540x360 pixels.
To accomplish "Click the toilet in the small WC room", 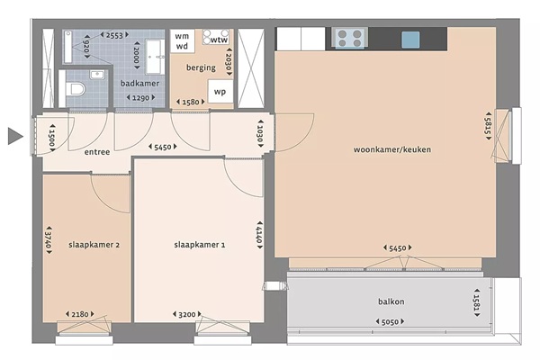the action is pyautogui.click(x=77, y=89).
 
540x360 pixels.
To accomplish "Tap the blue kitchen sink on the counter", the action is pyautogui.click(x=410, y=40).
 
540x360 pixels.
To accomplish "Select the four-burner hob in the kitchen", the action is pyautogui.click(x=349, y=38).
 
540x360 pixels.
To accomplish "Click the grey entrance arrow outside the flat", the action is pyautogui.click(x=15, y=136).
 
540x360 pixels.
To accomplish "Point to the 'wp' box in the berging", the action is pyautogui.click(x=220, y=92).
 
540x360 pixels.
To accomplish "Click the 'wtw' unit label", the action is pyautogui.click(x=219, y=40).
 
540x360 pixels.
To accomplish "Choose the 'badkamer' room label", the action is pyautogui.click(x=139, y=84).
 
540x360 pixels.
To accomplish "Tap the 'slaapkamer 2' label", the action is pyautogui.click(x=94, y=245).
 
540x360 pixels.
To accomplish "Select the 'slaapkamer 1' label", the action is pyautogui.click(x=200, y=245).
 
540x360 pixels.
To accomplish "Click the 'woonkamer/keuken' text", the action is pyautogui.click(x=392, y=149).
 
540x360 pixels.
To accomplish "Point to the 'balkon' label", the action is pyautogui.click(x=391, y=301).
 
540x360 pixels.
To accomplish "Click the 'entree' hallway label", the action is pyautogui.click(x=97, y=152).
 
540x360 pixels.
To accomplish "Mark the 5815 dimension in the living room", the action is pyautogui.click(x=488, y=126).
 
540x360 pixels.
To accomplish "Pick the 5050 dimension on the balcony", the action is pyautogui.click(x=390, y=322).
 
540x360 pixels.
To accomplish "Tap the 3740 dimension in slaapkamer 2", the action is pyautogui.click(x=49, y=240).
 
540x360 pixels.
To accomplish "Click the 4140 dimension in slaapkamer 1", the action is pyautogui.click(x=259, y=235).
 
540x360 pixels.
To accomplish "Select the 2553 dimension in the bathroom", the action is pyautogui.click(x=114, y=35).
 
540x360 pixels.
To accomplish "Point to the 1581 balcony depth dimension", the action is pyautogui.click(x=477, y=302).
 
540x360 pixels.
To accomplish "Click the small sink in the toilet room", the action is pyautogui.click(x=97, y=75).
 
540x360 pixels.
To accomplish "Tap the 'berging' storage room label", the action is pyautogui.click(x=201, y=67).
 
